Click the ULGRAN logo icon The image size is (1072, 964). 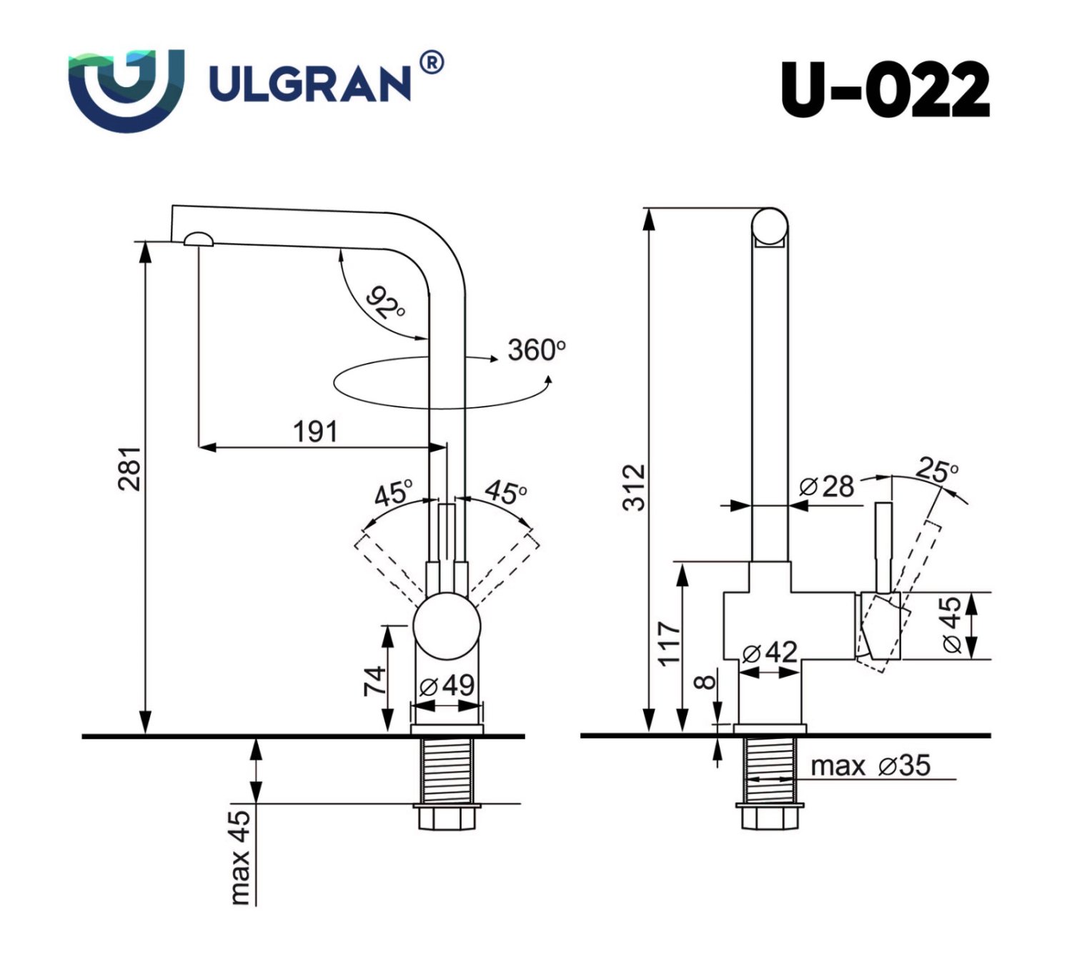[x=126, y=89]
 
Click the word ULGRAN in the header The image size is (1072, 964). [x=309, y=84]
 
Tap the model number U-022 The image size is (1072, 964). [x=885, y=90]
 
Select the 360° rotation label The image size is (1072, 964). [x=536, y=350]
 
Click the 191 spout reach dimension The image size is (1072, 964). [x=315, y=432]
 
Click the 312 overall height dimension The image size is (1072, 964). [x=633, y=487]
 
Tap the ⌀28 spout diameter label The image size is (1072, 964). [x=827, y=487]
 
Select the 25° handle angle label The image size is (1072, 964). [x=937, y=470]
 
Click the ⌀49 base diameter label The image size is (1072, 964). [x=447, y=685]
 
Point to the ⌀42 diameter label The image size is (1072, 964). [x=769, y=652]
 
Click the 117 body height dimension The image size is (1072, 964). [x=669, y=643]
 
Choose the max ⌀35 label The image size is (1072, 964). [x=870, y=766]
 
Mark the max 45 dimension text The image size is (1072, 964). [x=241, y=856]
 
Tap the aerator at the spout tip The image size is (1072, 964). [x=198, y=239]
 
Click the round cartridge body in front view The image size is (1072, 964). [x=447, y=626]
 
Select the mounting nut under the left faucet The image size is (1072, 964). [x=447, y=816]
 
